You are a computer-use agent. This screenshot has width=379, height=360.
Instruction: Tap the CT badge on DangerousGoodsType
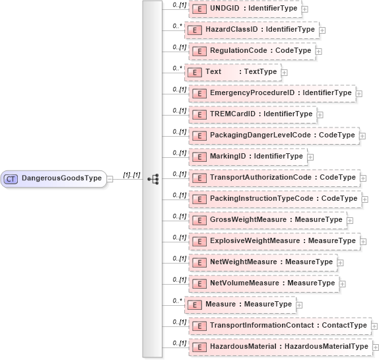[x=11, y=178]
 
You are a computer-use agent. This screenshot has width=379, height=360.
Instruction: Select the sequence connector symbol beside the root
[x=153, y=178]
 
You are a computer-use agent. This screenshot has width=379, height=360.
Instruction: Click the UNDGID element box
[x=245, y=8]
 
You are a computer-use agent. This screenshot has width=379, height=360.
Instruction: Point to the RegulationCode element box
[x=252, y=50]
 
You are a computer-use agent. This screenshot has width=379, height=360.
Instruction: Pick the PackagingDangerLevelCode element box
[x=273, y=135]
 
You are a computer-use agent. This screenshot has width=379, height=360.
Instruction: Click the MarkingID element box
[x=248, y=157]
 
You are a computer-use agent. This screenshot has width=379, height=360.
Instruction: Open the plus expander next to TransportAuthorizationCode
[x=362, y=178]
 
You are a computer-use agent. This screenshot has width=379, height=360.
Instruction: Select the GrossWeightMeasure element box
[x=267, y=220]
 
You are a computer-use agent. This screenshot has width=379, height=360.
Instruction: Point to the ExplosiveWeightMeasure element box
[x=274, y=241]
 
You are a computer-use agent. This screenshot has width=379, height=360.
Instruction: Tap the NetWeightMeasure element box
[x=263, y=262]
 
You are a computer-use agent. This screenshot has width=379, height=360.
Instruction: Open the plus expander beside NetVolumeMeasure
[x=343, y=284]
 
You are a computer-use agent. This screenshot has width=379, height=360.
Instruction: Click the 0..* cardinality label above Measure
[x=177, y=301]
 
